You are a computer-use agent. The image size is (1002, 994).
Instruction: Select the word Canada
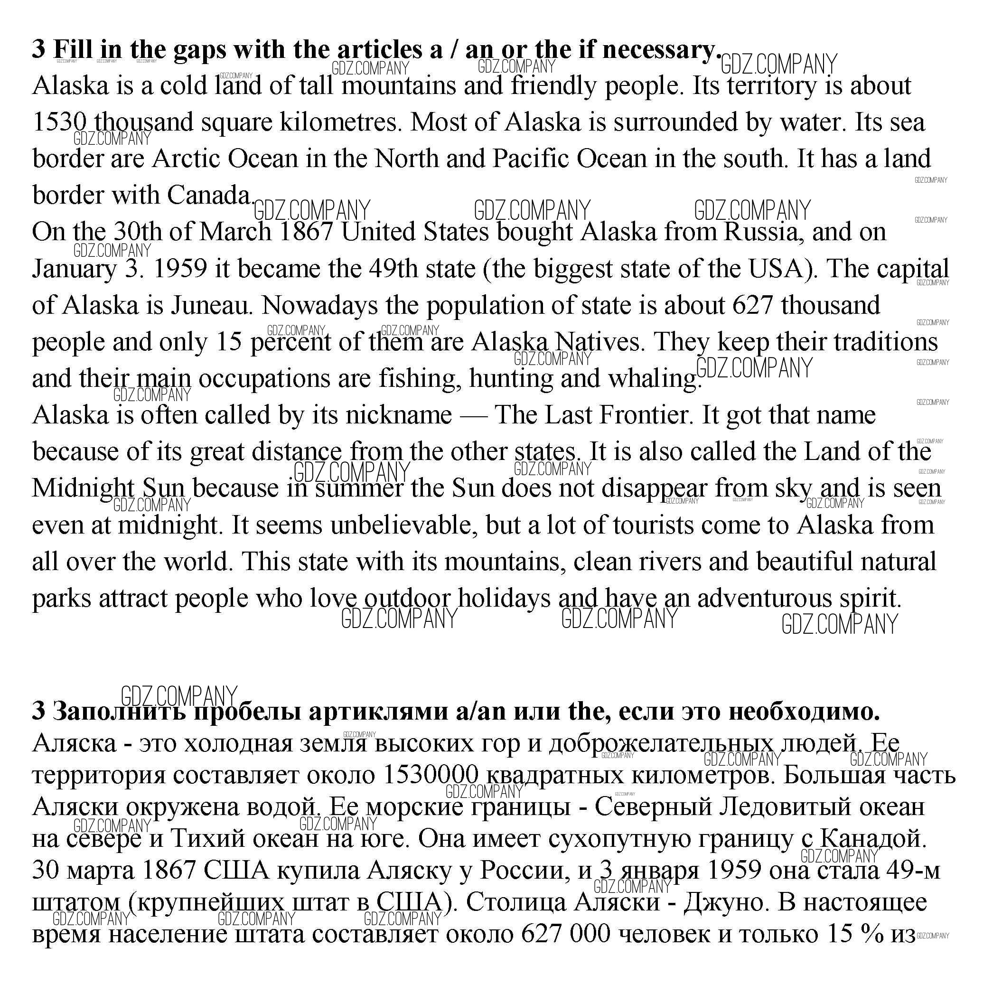pyautogui.click(x=209, y=196)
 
